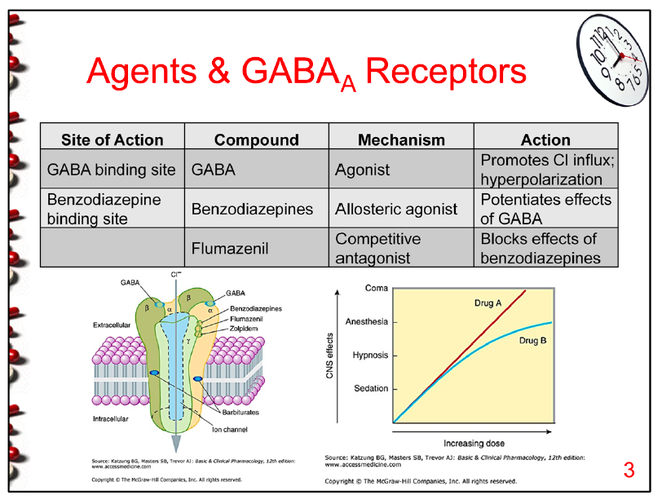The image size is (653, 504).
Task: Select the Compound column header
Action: (257, 139)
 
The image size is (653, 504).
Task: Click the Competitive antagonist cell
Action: (378, 248)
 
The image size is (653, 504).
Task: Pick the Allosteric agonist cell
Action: (396, 209)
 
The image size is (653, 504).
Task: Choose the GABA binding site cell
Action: (112, 170)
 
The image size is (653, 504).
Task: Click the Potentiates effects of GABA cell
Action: (545, 209)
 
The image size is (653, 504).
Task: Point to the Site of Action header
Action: (113, 139)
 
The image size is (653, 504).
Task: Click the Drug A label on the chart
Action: (488, 303)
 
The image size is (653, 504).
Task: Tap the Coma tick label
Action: (377, 289)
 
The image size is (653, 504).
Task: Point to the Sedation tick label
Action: (371, 388)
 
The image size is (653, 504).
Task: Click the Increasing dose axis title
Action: (474, 444)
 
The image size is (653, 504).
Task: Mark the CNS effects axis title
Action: (330, 356)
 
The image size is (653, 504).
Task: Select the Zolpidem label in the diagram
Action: (245, 329)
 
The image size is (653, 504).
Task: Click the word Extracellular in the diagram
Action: (117, 325)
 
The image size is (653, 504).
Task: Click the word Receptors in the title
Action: (447, 73)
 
